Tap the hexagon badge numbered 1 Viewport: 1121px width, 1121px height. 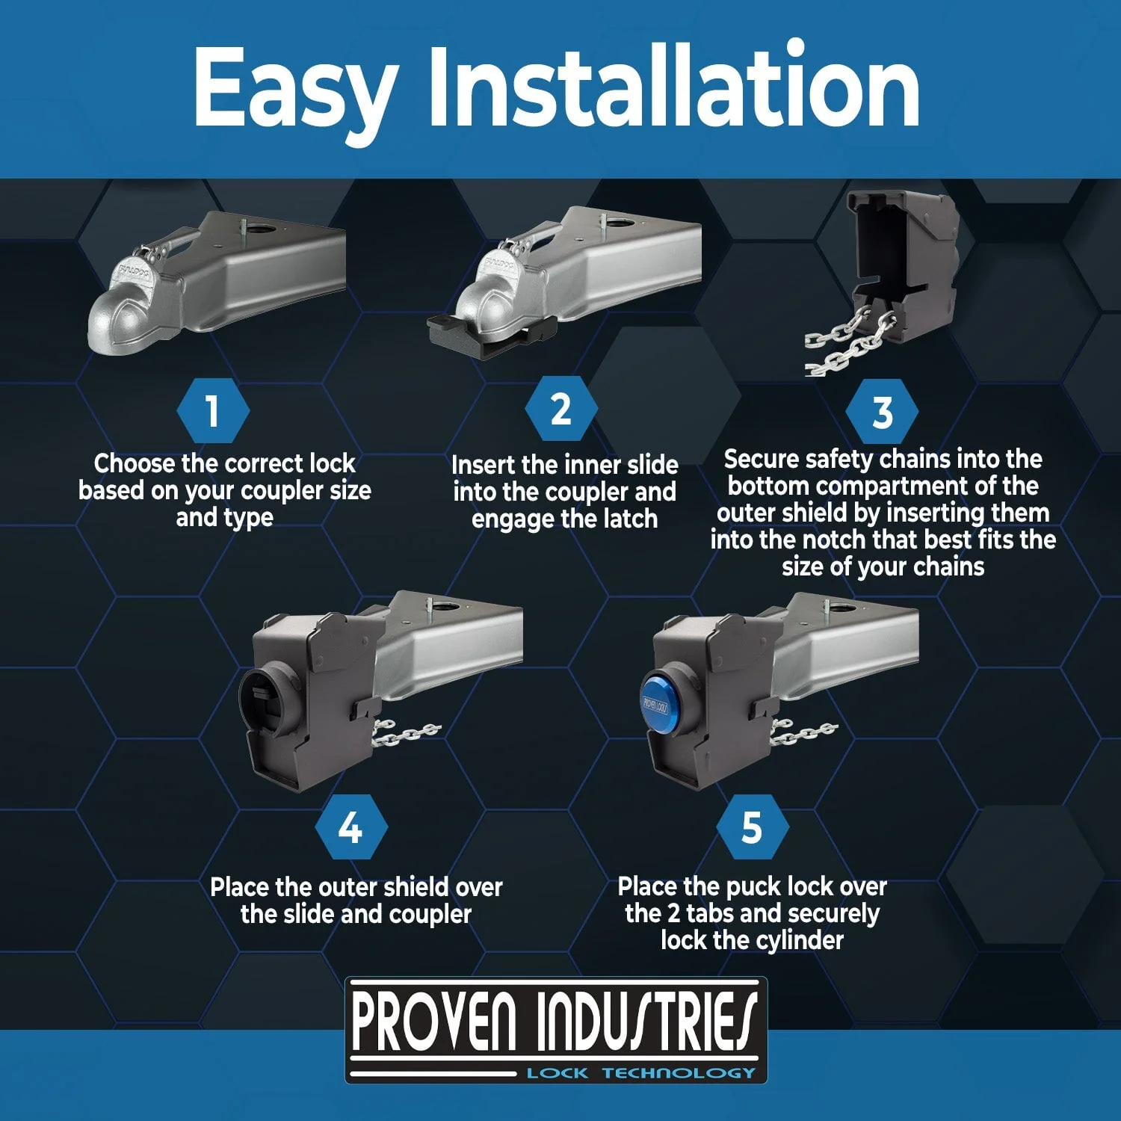coord(213,411)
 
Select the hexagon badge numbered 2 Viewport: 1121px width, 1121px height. coord(561,410)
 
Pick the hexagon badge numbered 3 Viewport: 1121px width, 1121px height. coord(883,412)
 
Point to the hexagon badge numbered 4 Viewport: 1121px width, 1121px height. coord(350,828)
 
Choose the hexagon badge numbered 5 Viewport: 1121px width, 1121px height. coord(752,828)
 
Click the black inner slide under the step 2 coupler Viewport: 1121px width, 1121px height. coord(493,336)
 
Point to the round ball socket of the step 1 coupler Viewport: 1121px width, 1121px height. coord(120,318)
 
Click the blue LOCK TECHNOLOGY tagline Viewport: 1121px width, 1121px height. coord(641,1073)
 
